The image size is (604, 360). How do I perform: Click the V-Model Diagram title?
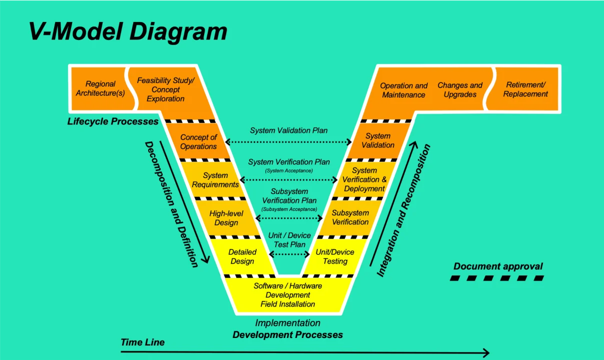(128, 31)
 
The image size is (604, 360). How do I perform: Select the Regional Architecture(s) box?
(100, 88)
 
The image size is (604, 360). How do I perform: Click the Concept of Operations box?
(199, 141)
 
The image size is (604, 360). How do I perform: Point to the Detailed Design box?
(242, 256)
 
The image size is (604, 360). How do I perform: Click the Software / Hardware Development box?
(288, 295)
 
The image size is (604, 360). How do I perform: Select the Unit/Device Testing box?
(335, 256)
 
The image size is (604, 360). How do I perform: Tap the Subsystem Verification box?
(350, 217)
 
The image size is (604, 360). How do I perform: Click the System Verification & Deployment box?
(364, 179)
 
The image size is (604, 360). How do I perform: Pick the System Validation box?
(378, 140)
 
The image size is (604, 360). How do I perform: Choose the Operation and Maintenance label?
(404, 90)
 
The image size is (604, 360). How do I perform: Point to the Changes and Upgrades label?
(460, 90)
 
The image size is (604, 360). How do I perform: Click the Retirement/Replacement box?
(525, 89)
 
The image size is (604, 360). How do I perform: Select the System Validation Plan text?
(289, 130)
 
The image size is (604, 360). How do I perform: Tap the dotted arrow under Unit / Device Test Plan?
(290, 254)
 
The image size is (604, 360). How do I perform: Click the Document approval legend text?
(498, 266)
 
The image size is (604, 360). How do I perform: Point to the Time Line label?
(143, 342)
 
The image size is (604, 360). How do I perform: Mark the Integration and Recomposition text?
(403, 210)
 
